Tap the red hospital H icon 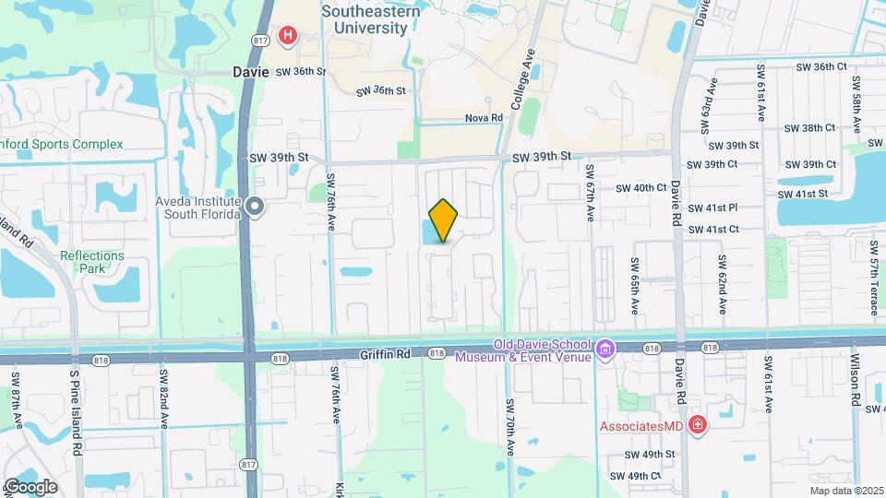[289, 36]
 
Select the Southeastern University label [365, 19]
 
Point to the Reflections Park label [91, 262]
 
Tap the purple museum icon [605, 350]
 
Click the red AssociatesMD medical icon [699, 426]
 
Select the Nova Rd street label [484, 118]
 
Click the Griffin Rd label [384, 353]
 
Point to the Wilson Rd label [856, 382]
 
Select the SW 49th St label [650, 455]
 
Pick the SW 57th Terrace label [874, 267]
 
